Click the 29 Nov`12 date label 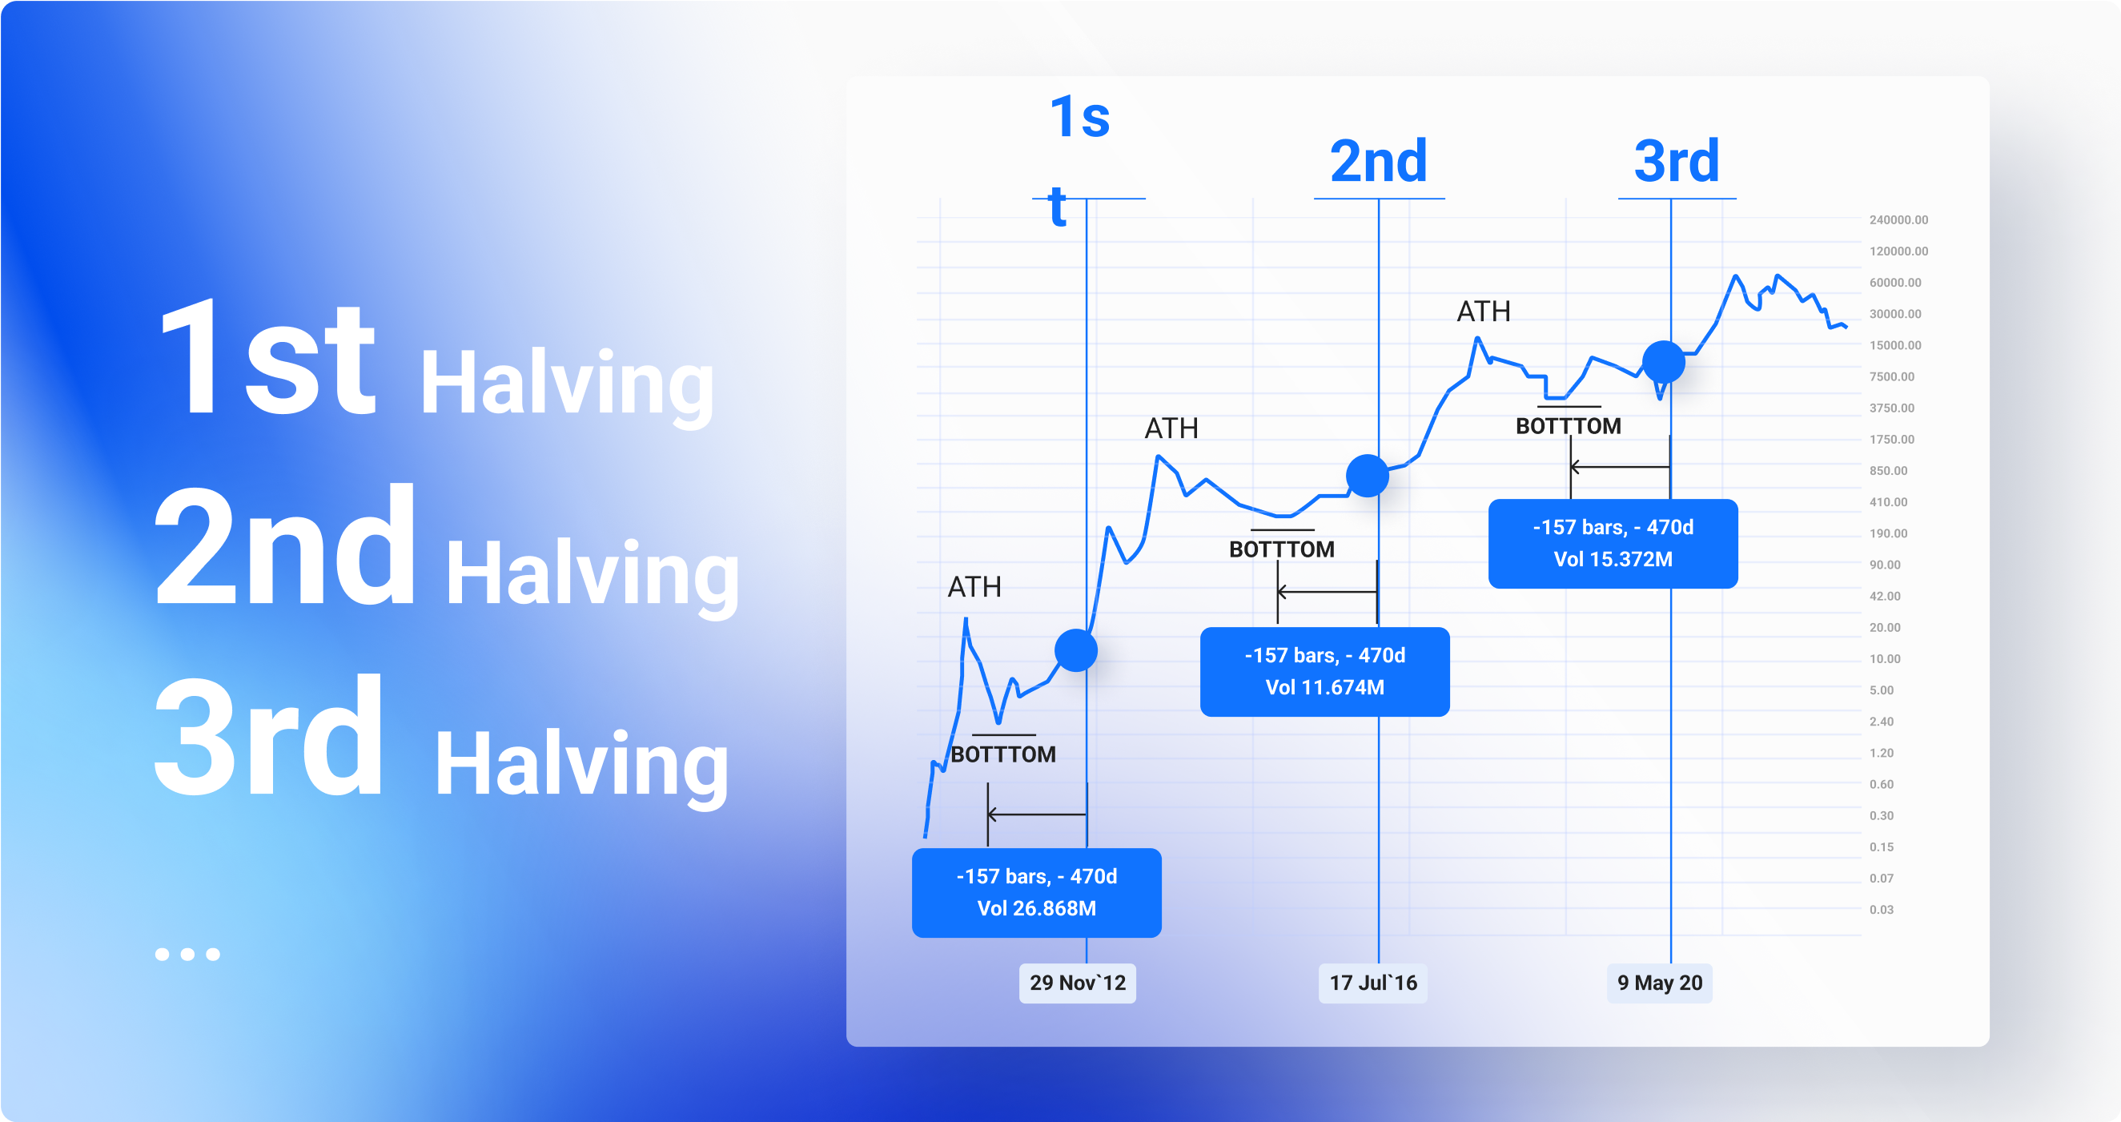(1077, 983)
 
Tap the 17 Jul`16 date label (1373, 983)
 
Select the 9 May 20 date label (1659, 983)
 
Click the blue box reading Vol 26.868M (1037, 893)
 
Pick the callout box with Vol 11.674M (1325, 671)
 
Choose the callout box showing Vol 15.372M (1613, 544)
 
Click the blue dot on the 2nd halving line (1368, 476)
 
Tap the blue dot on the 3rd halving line (1663, 362)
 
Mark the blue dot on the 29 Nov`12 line (1076, 651)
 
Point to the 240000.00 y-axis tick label (1898, 220)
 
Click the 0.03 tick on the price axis (1882, 910)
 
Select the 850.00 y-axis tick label (1888, 470)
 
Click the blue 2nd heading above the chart (1378, 162)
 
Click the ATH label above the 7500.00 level (1484, 312)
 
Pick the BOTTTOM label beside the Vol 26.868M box (1003, 754)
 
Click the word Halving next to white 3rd (581, 766)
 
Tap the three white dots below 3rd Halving (187, 954)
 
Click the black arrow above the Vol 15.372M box (1620, 467)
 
